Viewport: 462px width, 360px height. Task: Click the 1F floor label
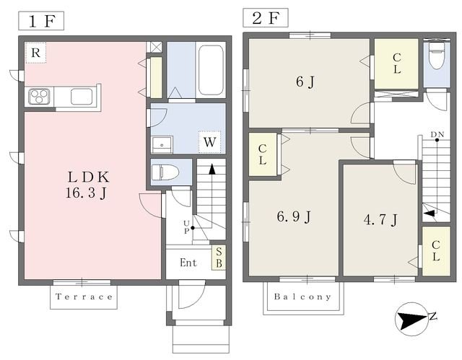tap(41, 21)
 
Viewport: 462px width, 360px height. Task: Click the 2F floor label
tap(266, 18)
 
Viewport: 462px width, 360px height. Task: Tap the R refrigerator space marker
tap(35, 53)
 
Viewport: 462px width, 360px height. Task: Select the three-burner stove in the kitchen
tap(39, 96)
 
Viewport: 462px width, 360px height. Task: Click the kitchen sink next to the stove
tap(82, 96)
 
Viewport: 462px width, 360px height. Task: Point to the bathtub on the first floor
tap(210, 70)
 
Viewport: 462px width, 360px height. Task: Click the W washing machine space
tap(209, 142)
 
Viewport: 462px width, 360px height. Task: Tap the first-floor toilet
tap(165, 172)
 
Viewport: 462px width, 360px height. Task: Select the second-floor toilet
tap(437, 56)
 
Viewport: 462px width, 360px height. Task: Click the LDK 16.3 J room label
tap(87, 185)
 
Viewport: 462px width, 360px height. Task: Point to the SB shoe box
tap(219, 258)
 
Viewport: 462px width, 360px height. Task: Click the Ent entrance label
tap(188, 263)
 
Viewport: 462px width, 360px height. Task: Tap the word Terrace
tap(84, 297)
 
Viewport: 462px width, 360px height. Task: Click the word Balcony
tap(302, 297)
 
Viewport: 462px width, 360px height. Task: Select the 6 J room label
tap(305, 82)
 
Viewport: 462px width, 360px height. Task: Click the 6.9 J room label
tap(294, 217)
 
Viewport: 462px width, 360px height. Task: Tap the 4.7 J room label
tap(380, 219)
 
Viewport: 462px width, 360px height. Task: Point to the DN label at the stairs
tap(437, 134)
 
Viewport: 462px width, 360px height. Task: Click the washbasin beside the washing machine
tap(162, 145)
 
